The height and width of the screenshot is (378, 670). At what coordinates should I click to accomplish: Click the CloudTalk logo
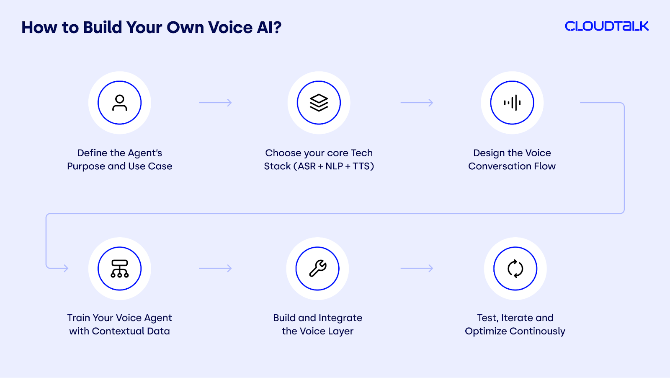click(x=607, y=26)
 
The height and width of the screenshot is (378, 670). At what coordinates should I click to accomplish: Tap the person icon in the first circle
click(x=120, y=103)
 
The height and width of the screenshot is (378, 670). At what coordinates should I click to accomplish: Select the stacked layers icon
click(x=319, y=103)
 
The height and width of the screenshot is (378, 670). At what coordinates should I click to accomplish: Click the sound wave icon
click(x=512, y=103)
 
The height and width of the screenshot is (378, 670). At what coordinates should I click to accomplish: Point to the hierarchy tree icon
click(x=120, y=269)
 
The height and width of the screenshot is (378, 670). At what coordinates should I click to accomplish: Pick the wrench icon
click(x=318, y=268)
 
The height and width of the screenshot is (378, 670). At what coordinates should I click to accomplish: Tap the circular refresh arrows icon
click(x=515, y=269)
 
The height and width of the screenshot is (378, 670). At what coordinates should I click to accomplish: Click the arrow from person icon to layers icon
click(x=215, y=103)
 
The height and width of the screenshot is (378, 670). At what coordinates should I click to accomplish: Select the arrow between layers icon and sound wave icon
click(x=417, y=103)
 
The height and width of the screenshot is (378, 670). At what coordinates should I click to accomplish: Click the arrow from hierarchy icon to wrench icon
click(x=215, y=268)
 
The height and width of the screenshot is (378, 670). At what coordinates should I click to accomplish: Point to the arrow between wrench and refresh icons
click(x=417, y=268)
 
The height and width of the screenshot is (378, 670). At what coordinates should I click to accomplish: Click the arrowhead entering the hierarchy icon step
click(x=66, y=268)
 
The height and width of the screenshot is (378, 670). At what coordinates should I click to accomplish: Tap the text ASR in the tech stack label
click(x=307, y=166)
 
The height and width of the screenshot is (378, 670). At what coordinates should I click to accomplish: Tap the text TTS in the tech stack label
click(x=361, y=166)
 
